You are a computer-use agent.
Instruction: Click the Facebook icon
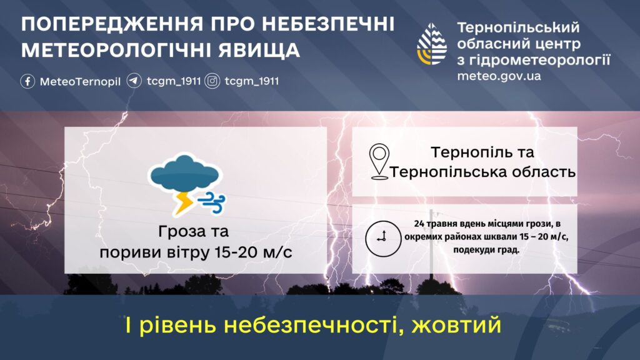pyautogui.click(x=27, y=81)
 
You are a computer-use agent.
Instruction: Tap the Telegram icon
pyautogui.click(x=134, y=81)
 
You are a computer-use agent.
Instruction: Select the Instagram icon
pyautogui.click(x=212, y=81)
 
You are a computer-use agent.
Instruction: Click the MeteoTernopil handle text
pyautogui.click(x=80, y=82)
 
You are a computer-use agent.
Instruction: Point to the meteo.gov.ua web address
pyautogui.click(x=499, y=76)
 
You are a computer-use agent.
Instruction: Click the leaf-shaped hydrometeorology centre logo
pyautogui.click(x=432, y=44)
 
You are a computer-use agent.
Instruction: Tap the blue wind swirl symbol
pyautogui.click(x=212, y=202)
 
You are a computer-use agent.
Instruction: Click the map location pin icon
pyautogui.click(x=379, y=162)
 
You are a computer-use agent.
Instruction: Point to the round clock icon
pyautogui.click(x=383, y=238)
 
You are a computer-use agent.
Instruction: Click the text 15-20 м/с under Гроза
pyautogui.click(x=253, y=252)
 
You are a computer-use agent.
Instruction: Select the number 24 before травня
pyautogui.click(x=419, y=224)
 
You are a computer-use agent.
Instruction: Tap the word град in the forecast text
pyautogui.click(x=508, y=250)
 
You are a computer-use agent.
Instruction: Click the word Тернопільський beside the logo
pyautogui.click(x=518, y=27)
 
